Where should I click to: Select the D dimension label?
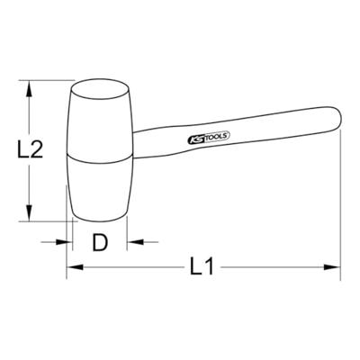100,242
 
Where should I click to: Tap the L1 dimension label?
202,266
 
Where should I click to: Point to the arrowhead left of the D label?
66,241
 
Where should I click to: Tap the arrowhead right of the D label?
132,241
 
